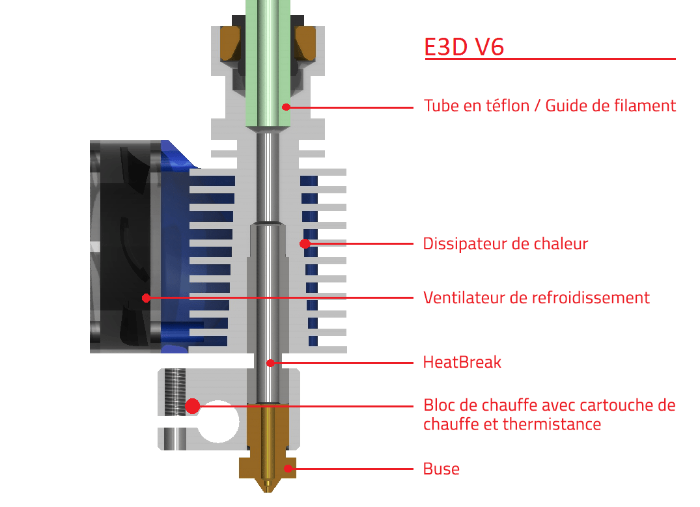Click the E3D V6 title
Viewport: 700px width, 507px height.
464,47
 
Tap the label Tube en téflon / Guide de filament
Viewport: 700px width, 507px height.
550,105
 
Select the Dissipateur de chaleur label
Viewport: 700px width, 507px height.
505,244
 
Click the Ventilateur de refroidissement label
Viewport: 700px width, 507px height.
536,297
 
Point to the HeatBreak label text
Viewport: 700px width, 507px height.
462,362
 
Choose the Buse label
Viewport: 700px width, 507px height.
441,469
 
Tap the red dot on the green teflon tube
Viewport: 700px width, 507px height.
285,105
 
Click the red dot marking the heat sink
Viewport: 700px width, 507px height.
304,244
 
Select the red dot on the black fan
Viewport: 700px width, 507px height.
146,298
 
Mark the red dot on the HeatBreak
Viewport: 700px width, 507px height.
270,363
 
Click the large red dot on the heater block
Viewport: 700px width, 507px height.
192,406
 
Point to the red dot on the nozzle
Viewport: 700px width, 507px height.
287,469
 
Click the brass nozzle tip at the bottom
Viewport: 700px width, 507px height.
267,485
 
